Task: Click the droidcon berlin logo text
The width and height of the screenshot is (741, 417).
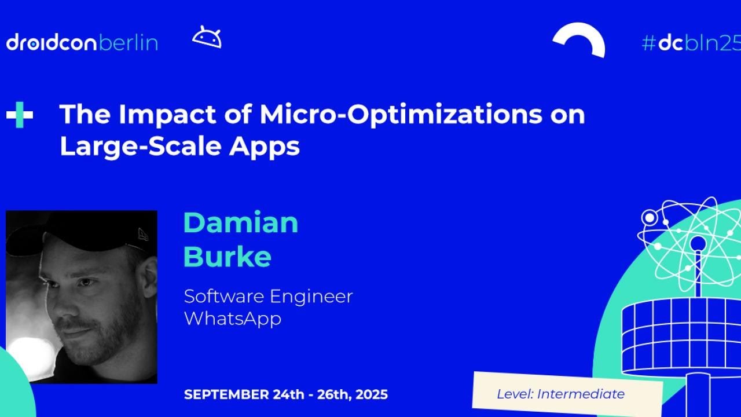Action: click(82, 43)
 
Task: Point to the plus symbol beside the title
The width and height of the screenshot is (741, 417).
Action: click(20, 115)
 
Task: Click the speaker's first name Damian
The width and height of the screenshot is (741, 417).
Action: click(240, 222)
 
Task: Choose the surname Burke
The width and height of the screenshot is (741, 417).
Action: click(227, 257)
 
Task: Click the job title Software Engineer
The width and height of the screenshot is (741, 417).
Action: click(268, 296)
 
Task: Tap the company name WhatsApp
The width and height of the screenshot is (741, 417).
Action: click(232, 319)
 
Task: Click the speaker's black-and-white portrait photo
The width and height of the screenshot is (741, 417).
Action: click(82, 297)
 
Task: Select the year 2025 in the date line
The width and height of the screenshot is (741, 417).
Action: click(372, 395)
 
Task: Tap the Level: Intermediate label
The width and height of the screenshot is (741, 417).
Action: click(560, 394)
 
